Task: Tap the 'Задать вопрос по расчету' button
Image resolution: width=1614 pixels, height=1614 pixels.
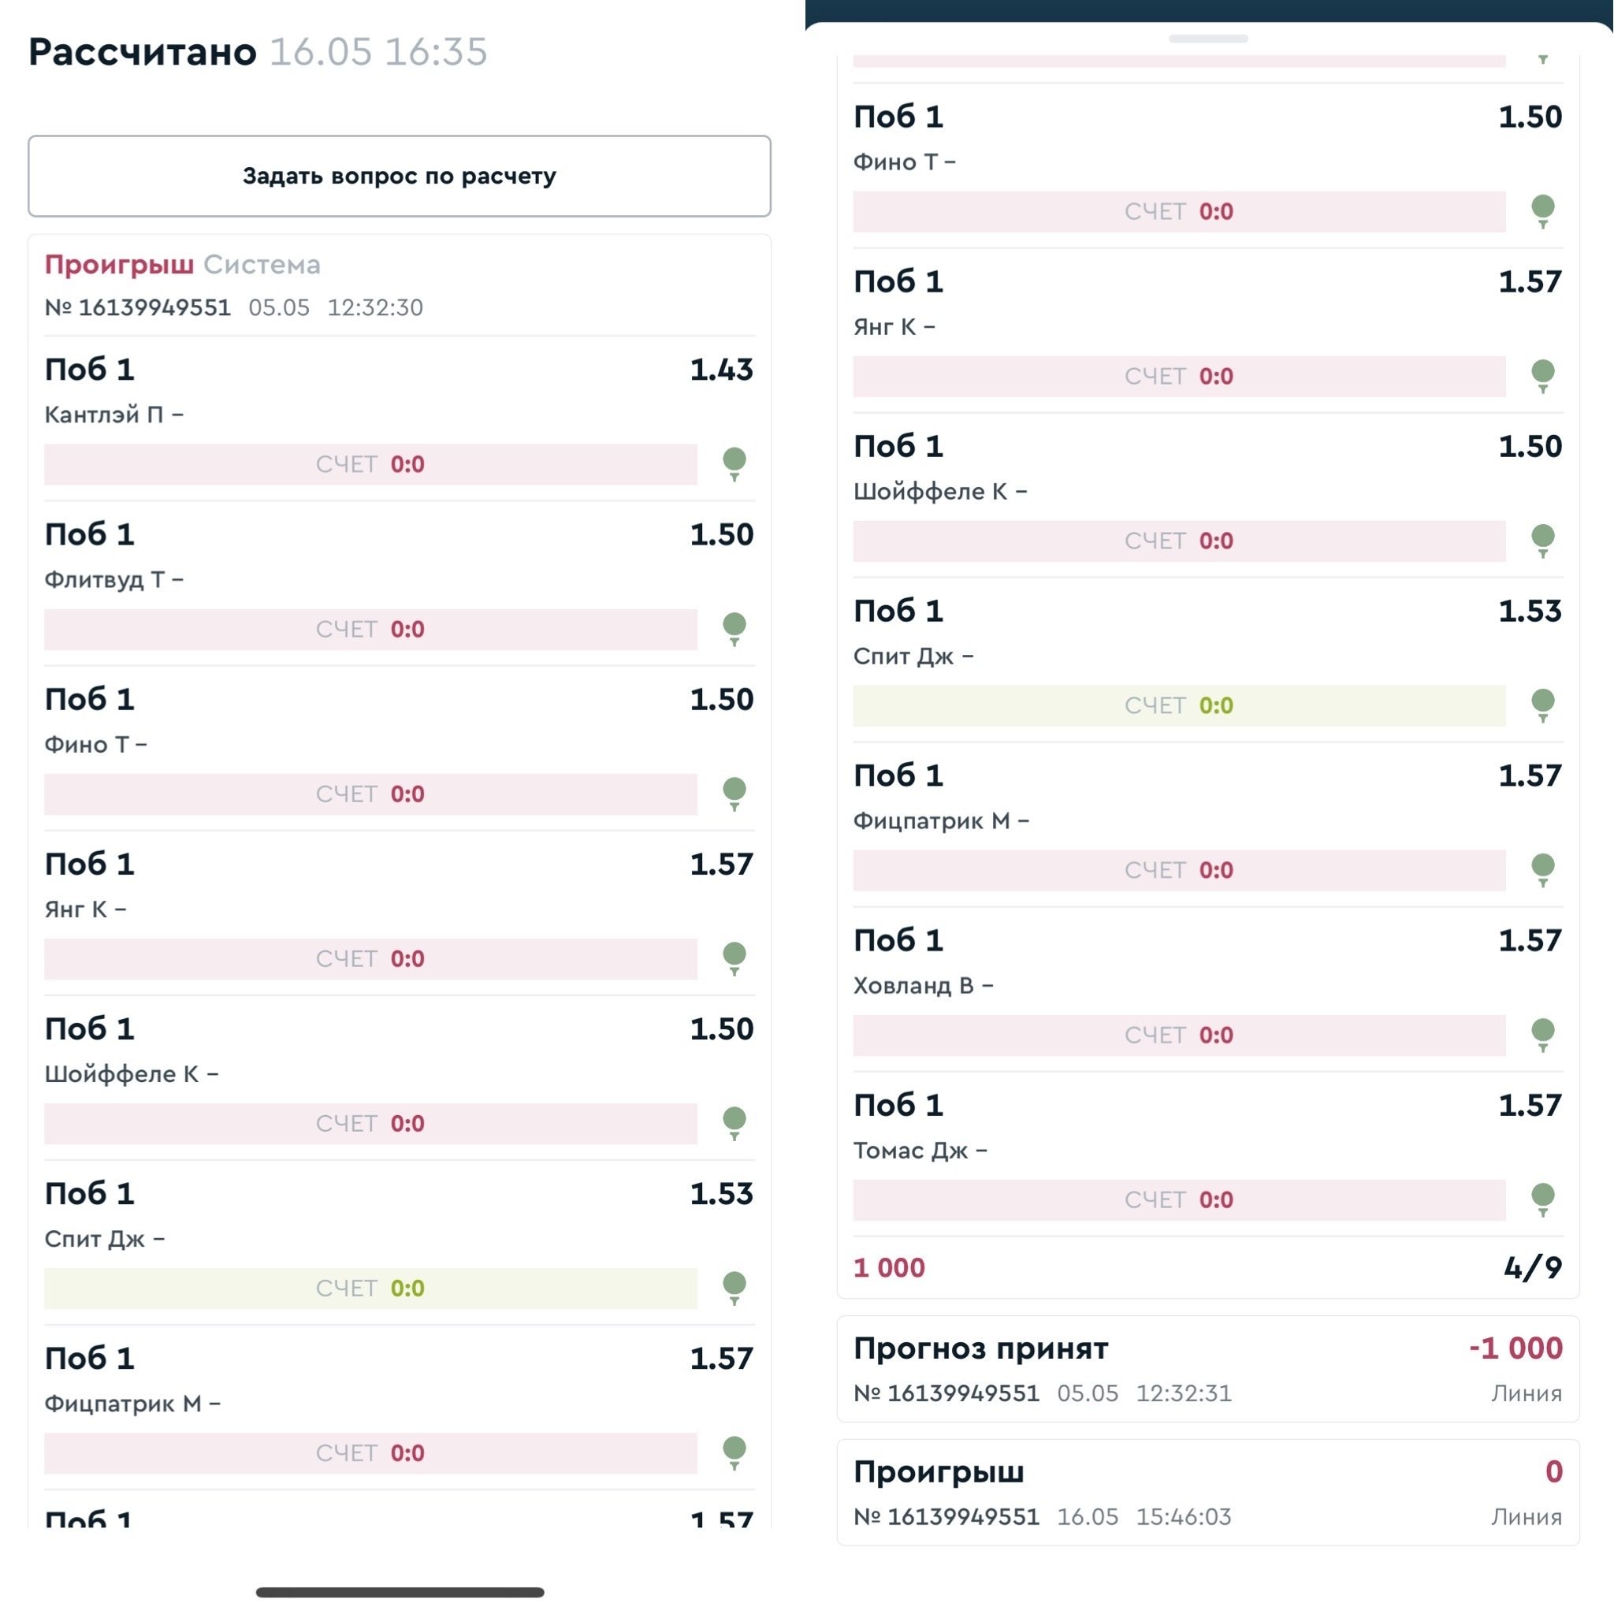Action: click(x=400, y=177)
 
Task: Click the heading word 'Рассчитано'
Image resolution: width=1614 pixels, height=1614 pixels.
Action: click(x=143, y=52)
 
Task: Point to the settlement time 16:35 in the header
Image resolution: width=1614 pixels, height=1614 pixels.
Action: click(x=435, y=52)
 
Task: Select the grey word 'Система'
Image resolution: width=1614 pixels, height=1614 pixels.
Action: click(x=262, y=265)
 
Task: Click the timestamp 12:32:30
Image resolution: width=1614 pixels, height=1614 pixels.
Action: click(x=374, y=307)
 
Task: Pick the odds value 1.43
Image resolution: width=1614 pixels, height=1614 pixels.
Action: click(x=721, y=370)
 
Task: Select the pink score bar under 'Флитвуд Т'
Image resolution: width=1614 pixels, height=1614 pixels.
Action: click(x=370, y=629)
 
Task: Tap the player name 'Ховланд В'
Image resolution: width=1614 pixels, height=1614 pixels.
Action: click(x=914, y=986)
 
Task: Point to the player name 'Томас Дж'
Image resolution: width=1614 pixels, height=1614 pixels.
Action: click(x=910, y=1151)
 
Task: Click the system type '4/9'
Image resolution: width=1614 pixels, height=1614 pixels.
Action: click(x=1533, y=1267)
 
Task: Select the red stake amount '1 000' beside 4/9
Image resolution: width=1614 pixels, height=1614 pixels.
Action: click(x=889, y=1267)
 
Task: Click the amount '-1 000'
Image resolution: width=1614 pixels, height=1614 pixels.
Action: click(x=1515, y=1348)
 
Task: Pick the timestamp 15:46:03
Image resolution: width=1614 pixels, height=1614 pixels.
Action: click(x=1183, y=1516)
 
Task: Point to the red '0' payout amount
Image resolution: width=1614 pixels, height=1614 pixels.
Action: click(x=1553, y=1471)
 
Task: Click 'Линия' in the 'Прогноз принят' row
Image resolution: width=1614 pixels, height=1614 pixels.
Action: click(x=1527, y=1393)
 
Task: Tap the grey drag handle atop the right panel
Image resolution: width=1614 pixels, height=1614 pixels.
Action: click(x=1208, y=39)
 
